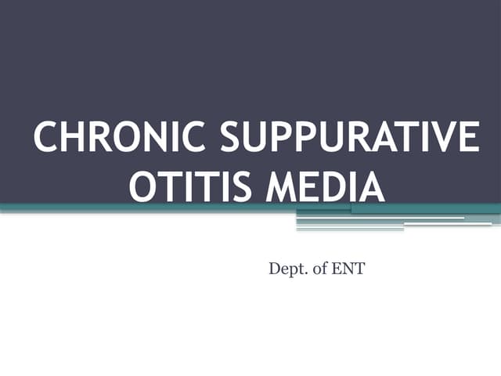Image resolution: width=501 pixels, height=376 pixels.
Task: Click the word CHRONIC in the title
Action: pos(121,138)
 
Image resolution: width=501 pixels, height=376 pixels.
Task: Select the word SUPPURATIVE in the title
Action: pos(349,138)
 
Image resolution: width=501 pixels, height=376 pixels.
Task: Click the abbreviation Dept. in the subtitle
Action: pos(286,270)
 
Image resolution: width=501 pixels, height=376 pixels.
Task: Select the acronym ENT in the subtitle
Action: pos(348,270)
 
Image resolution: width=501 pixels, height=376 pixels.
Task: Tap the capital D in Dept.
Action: pos(275,270)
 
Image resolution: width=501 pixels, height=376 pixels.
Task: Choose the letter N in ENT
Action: pos(348,270)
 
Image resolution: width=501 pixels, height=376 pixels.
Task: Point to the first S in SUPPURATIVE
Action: pos(234,138)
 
